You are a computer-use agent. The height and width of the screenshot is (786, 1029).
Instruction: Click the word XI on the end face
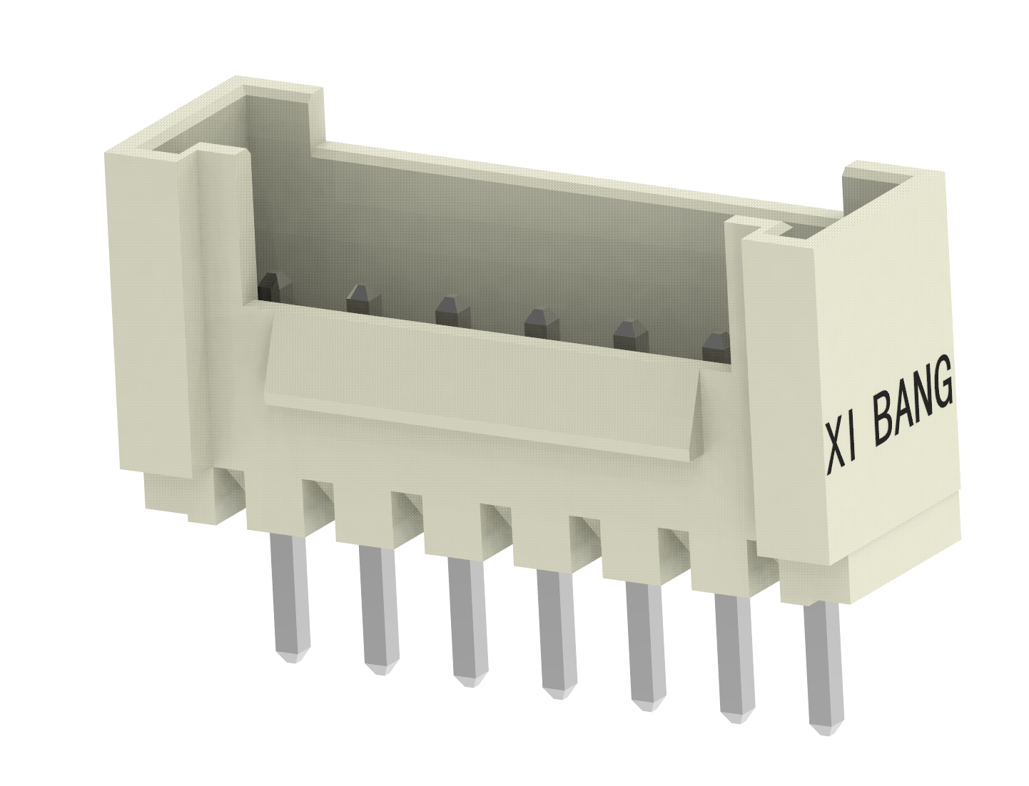click(x=843, y=446)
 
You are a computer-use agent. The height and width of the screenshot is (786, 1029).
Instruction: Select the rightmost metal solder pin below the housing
click(x=822, y=667)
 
